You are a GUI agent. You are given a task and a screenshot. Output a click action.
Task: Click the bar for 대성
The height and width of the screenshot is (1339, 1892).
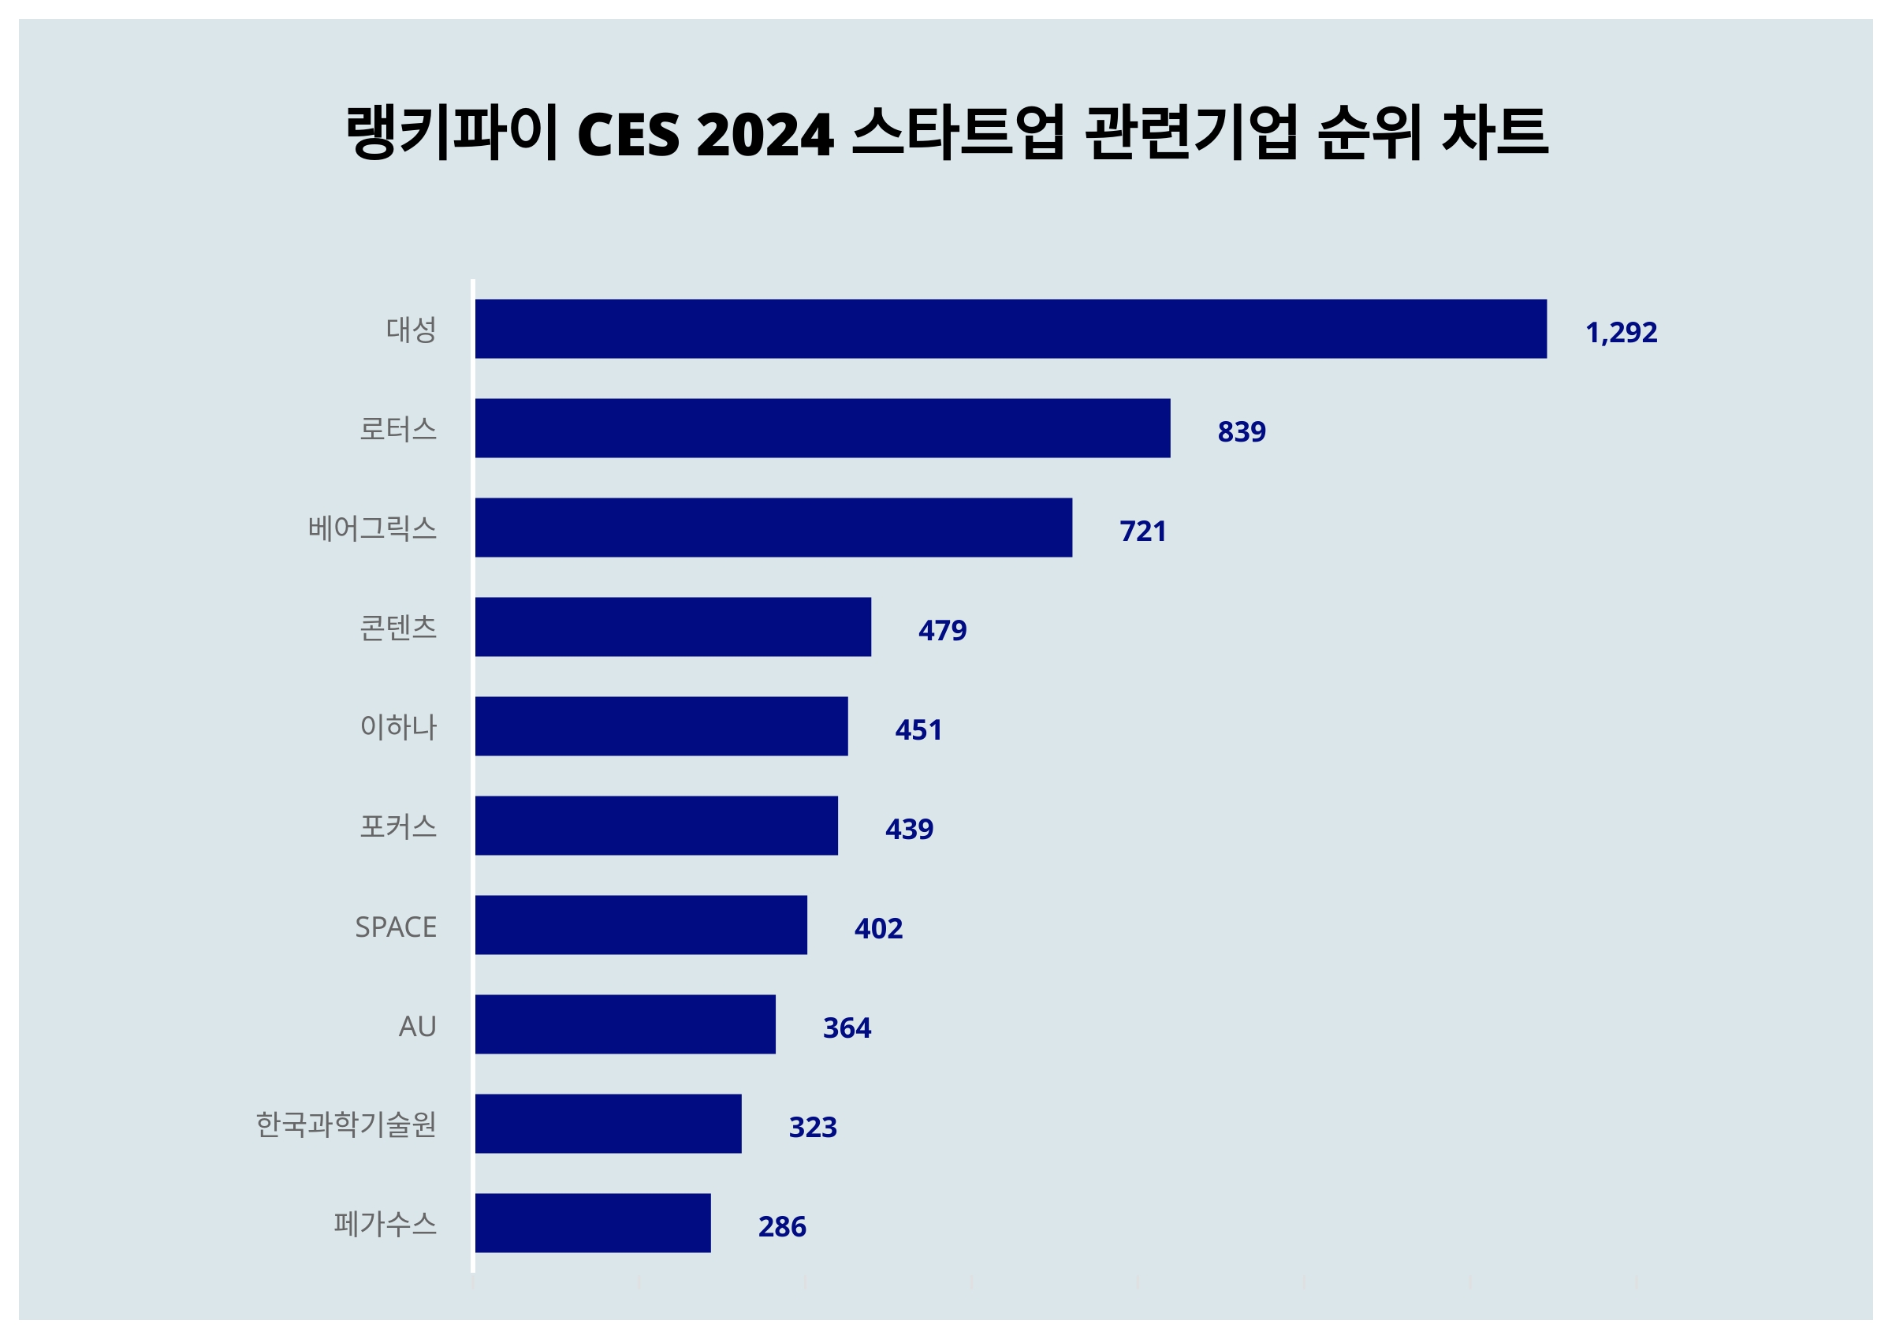pyautogui.click(x=1011, y=329)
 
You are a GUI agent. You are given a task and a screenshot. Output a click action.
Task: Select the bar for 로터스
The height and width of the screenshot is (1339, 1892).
pyautogui.click(x=822, y=428)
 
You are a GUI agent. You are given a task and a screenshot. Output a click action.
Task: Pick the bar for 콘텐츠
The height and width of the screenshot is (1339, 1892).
pyautogui.click(x=672, y=627)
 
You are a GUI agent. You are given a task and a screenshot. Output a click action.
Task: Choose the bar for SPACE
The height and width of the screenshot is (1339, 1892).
pyautogui.click(x=641, y=925)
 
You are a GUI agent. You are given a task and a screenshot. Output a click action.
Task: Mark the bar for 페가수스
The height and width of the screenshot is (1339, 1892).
pyautogui.click(x=593, y=1223)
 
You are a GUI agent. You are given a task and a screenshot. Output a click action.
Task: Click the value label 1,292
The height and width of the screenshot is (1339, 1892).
pyautogui.click(x=1621, y=332)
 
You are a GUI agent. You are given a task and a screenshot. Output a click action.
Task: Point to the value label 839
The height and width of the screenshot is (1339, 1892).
pyautogui.click(x=1241, y=431)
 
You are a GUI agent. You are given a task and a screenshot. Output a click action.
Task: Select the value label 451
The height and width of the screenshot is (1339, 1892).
pyautogui.click(x=918, y=729)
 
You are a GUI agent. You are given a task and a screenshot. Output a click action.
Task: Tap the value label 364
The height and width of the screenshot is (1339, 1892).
pyautogui.click(x=847, y=1028)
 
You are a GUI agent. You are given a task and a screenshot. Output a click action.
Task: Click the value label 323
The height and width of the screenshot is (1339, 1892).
pyautogui.click(x=813, y=1127)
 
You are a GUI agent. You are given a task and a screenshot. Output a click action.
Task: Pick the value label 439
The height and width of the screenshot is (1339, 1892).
pyautogui.click(x=909, y=830)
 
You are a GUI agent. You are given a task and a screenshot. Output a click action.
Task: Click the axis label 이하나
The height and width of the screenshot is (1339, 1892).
pyautogui.click(x=398, y=726)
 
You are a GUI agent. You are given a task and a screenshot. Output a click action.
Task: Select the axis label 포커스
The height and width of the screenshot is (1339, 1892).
pyautogui.click(x=398, y=826)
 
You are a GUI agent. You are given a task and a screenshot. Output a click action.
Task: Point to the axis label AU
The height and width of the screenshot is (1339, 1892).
pyautogui.click(x=417, y=1027)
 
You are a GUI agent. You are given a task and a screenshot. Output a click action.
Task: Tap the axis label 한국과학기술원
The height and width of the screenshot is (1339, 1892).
pyautogui.click(x=346, y=1125)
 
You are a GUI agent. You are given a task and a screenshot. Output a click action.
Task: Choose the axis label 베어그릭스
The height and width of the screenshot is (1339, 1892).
pyautogui.click(x=372, y=528)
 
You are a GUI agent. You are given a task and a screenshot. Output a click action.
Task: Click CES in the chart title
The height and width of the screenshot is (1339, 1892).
pyautogui.click(x=629, y=134)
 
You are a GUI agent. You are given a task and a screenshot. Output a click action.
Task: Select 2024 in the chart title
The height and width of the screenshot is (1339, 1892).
pyautogui.click(x=765, y=134)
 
